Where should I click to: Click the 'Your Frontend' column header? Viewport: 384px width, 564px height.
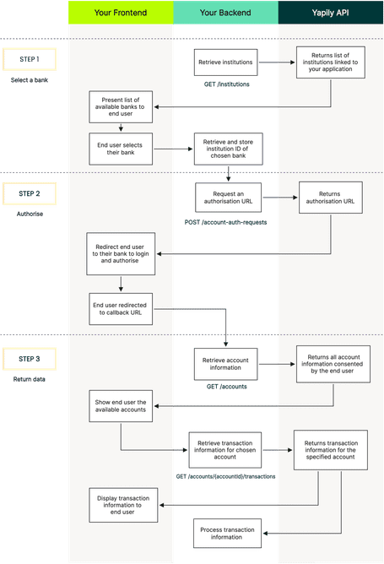tap(120, 12)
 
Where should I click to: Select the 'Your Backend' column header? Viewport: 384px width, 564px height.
tap(225, 12)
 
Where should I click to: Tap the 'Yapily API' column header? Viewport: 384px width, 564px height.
tap(331, 12)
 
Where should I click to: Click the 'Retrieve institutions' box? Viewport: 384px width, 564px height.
tap(224, 63)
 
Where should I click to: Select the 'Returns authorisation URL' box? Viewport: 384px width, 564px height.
tap(329, 198)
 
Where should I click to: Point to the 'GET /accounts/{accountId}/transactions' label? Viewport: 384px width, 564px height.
tap(225, 477)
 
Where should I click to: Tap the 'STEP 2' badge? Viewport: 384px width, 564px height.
tap(35, 194)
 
